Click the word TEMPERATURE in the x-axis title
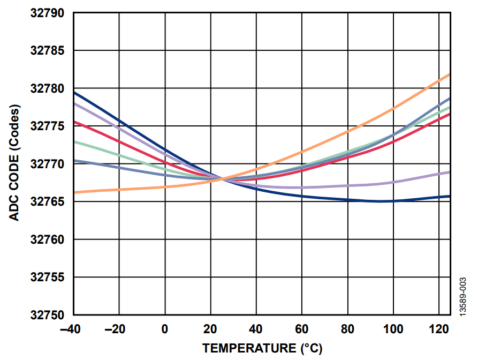pos(248,348)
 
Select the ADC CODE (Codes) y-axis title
pos(14,164)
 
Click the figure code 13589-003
pos(463,298)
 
